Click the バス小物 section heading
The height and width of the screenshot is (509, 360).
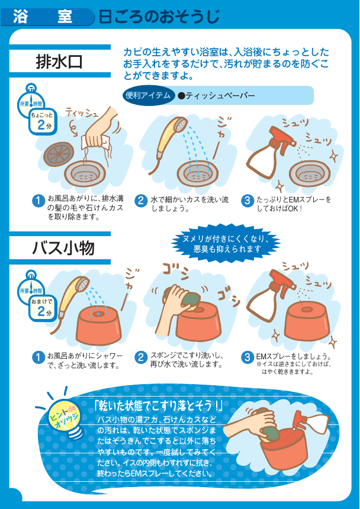coord(63,248)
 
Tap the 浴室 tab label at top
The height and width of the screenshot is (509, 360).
coord(43,17)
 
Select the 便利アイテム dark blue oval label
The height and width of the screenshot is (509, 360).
coord(148,95)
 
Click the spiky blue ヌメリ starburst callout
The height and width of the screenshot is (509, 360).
coord(226,243)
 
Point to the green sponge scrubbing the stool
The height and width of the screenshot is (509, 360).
coord(184,297)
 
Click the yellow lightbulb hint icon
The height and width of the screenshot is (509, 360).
coord(66,417)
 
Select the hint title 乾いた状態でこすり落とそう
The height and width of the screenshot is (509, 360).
coord(157,406)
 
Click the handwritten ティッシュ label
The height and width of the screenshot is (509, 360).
coord(82,112)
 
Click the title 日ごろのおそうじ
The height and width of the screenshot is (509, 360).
coord(159,17)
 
